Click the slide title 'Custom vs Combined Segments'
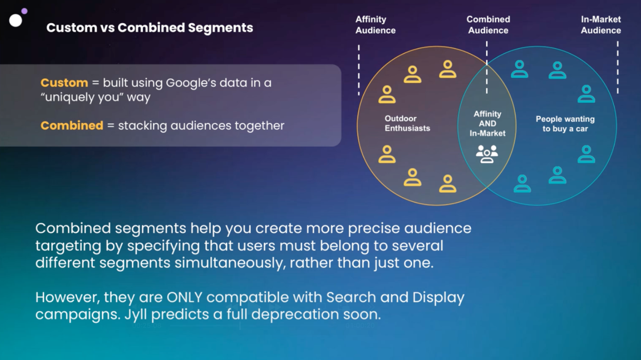[x=150, y=28]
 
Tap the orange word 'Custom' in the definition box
[x=65, y=83]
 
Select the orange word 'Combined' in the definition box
[x=72, y=125]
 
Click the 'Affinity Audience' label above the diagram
[x=375, y=24]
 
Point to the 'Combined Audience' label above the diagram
[x=488, y=24]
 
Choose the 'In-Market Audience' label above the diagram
[x=601, y=24]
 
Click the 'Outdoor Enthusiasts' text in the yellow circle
[x=407, y=123]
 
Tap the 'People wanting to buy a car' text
[x=565, y=124]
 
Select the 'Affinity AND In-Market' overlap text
[x=487, y=123]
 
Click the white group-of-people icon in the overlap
[x=487, y=154]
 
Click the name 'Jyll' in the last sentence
[x=135, y=315]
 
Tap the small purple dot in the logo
[x=24, y=11]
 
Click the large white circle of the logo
[x=16, y=20]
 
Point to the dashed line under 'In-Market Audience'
[x=617, y=67]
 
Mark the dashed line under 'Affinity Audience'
[x=359, y=70]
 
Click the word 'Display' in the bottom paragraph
[x=438, y=298]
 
